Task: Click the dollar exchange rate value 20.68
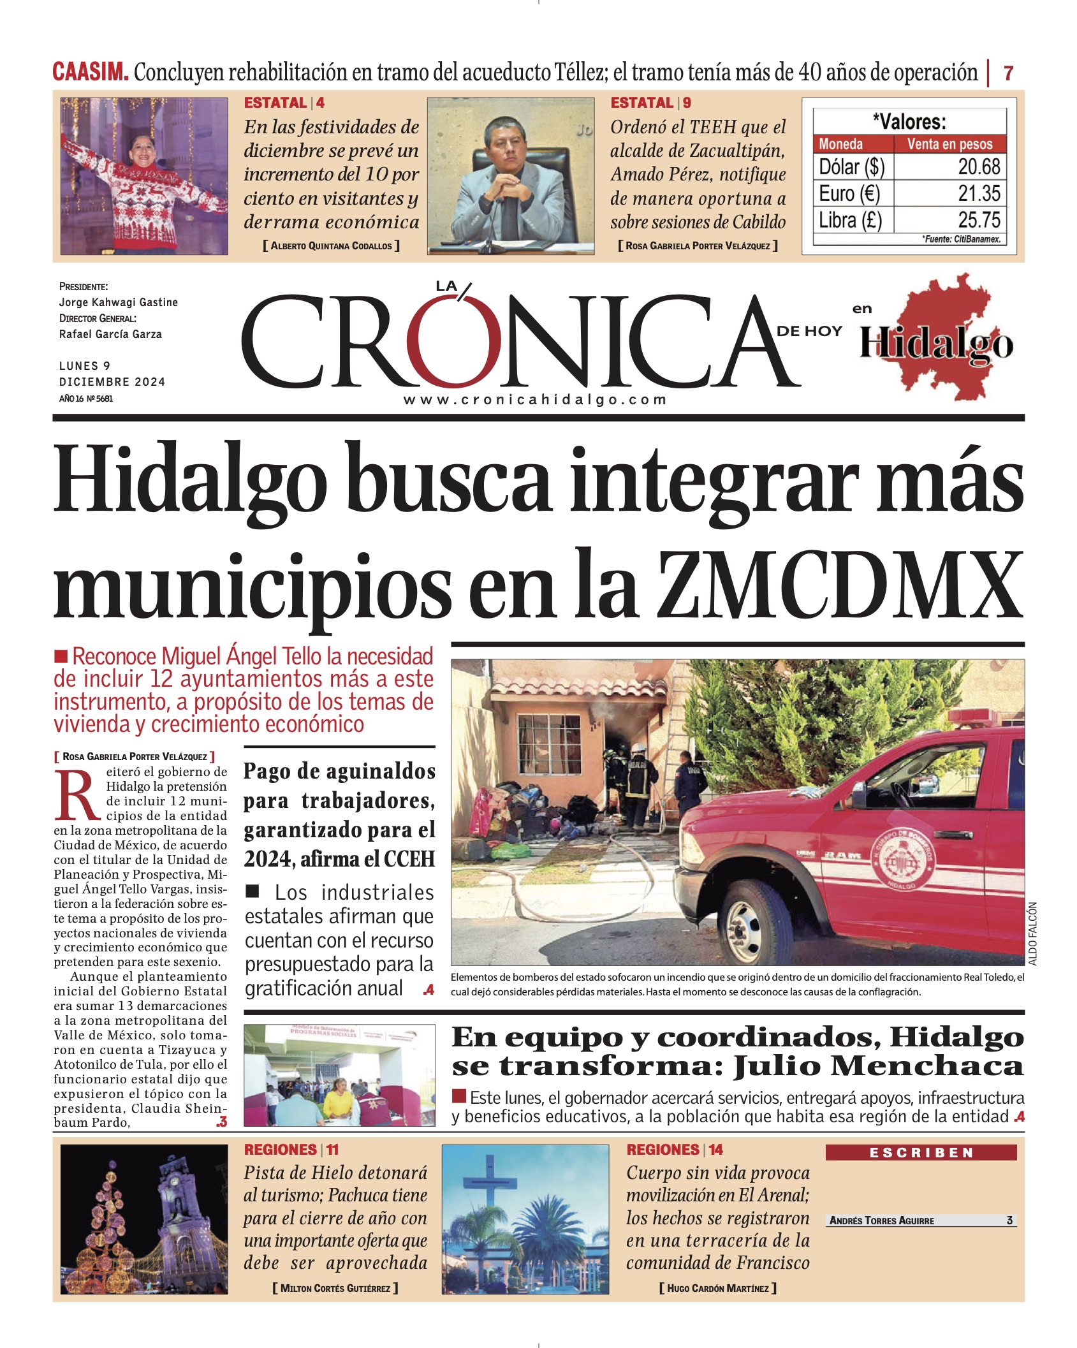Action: pos(979,167)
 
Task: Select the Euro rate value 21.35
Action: pos(979,194)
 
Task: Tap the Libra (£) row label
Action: pos(850,221)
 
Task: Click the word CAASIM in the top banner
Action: pos(90,72)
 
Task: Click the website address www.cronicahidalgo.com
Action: pos(534,400)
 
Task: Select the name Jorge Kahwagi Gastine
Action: pos(118,302)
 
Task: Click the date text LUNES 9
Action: pos(85,366)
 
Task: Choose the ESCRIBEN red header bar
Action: pos(920,1153)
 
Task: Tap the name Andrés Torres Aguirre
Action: pos(881,1220)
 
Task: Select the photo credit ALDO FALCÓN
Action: pos(1033,934)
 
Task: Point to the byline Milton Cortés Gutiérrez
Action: pos(335,1288)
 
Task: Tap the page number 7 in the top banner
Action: pos(1008,73)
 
